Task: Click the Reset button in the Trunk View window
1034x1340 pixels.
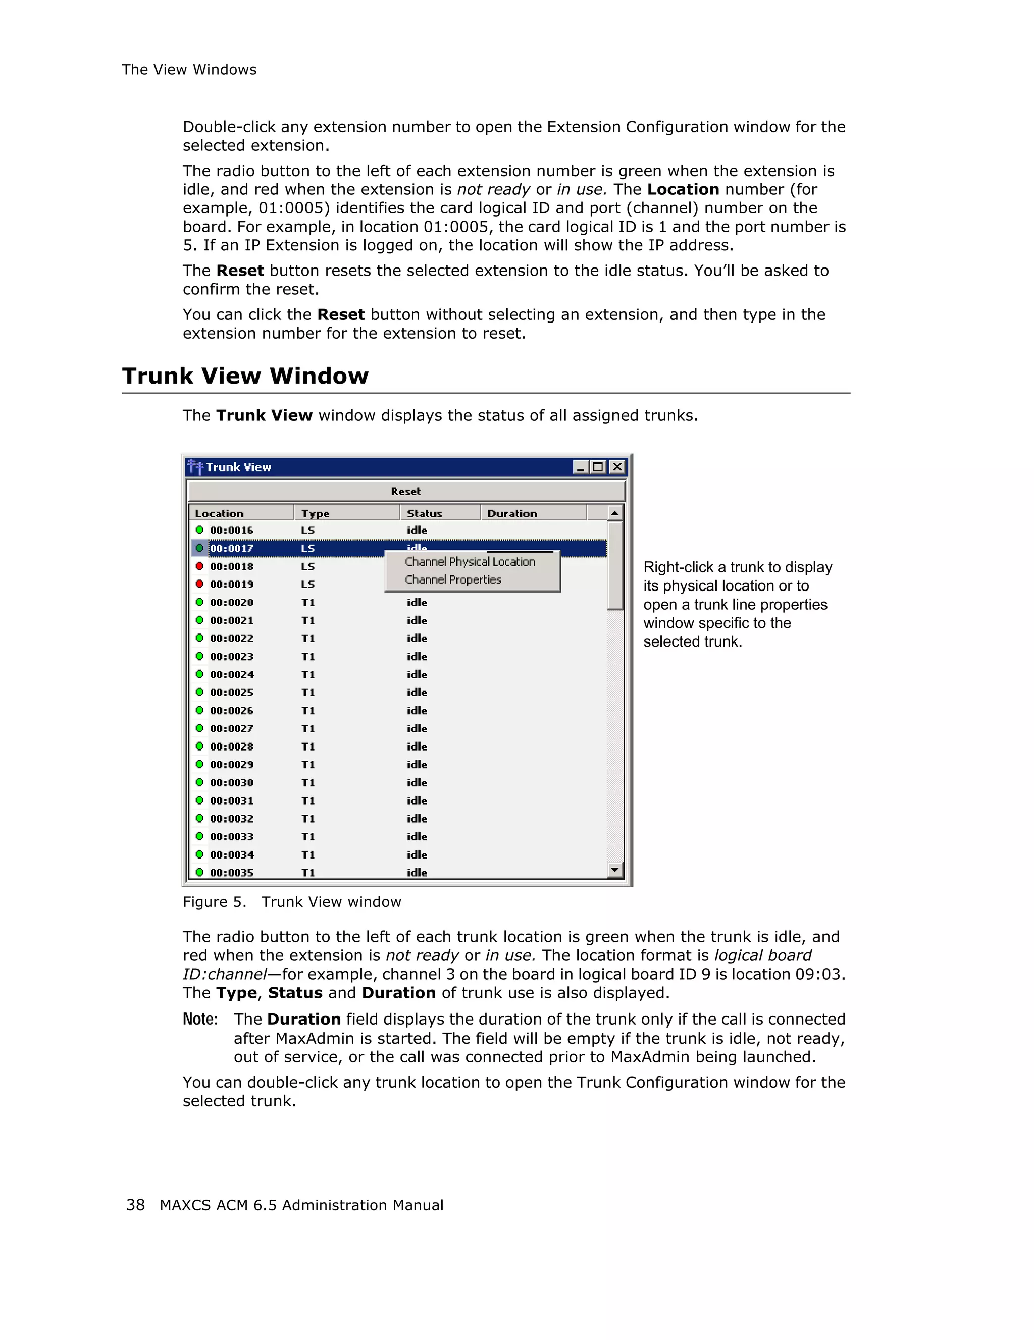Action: point(405,492)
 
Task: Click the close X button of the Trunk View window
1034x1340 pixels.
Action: point(617,467)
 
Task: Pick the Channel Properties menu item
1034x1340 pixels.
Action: point(453,580)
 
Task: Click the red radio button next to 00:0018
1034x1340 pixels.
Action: point(199,566)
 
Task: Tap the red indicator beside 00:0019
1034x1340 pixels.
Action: point(199,584)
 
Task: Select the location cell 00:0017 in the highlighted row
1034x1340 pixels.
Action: point(231,549)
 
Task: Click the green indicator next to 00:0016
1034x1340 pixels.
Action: point(199,530)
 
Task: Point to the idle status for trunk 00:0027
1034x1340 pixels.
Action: point(417,729)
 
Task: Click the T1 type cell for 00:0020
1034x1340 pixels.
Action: point(308,603)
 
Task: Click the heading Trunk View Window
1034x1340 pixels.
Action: point(245,376)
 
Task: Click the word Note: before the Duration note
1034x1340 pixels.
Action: point(200,1019)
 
